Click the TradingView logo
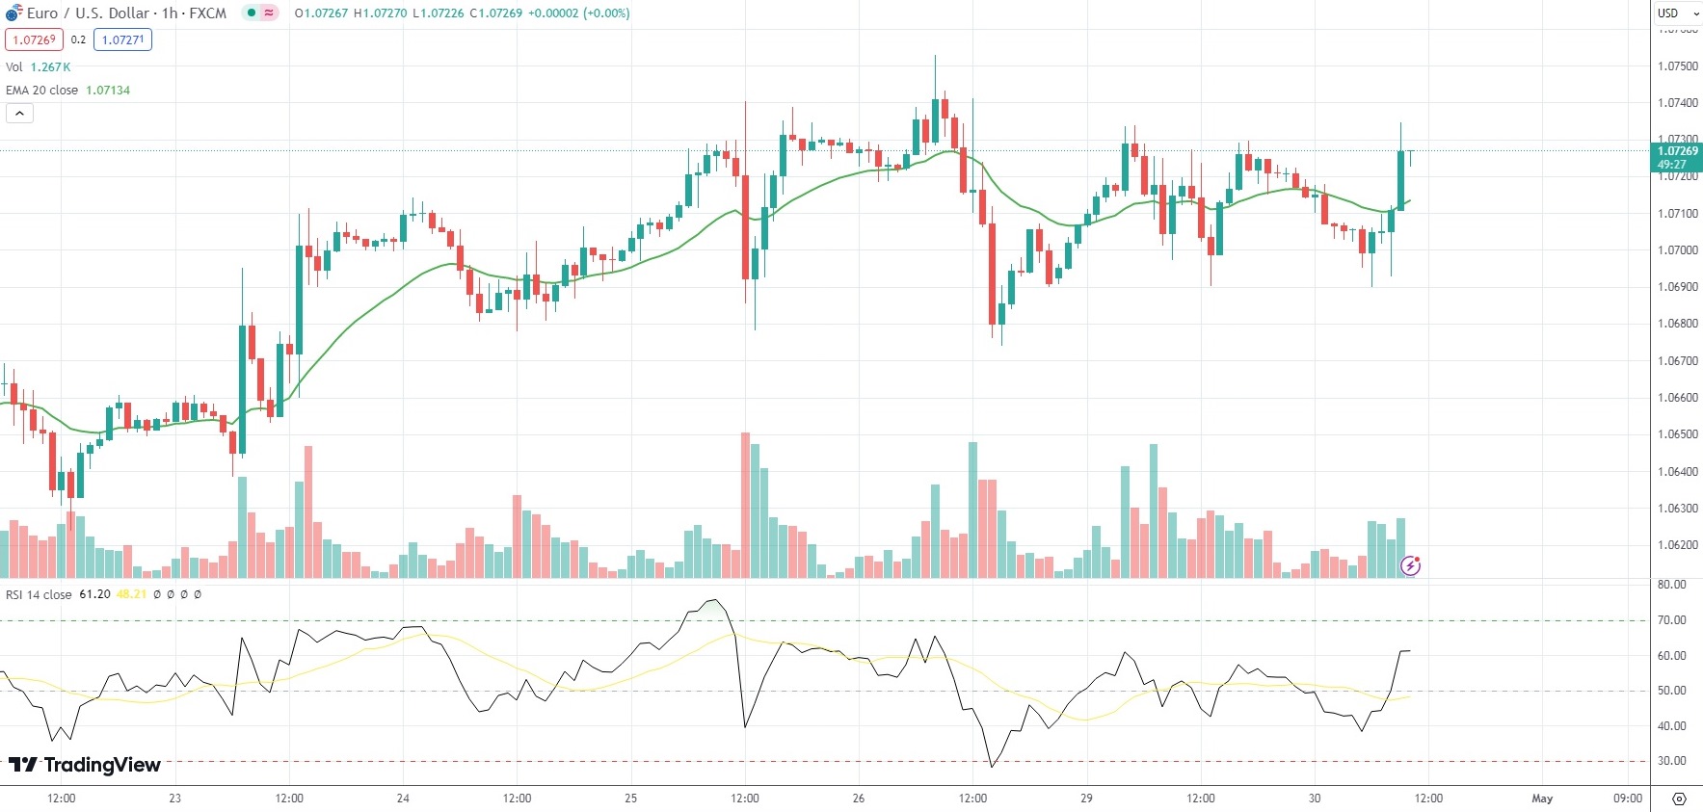coord(85,765)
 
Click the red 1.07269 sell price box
coord(34,39)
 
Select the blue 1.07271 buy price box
coord(122,39)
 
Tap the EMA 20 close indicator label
coord(67,90)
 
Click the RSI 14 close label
coord(39,594)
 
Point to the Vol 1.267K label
coord(39,66)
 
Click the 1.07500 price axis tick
coord(1677,66)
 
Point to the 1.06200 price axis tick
coord(1677,545)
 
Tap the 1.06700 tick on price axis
coord(1677,361)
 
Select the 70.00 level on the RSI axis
coord(1671,620)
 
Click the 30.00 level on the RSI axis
coord(1671,761)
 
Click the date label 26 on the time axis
coord(859,799)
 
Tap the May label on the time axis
coord(1542,799)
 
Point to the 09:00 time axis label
coord(1628,799)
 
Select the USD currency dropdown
coord(1678,13)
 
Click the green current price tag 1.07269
coord(1678,157)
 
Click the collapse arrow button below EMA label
coord(19,114)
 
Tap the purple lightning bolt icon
coord(1410,565)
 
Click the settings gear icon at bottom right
coord(1679,799)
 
